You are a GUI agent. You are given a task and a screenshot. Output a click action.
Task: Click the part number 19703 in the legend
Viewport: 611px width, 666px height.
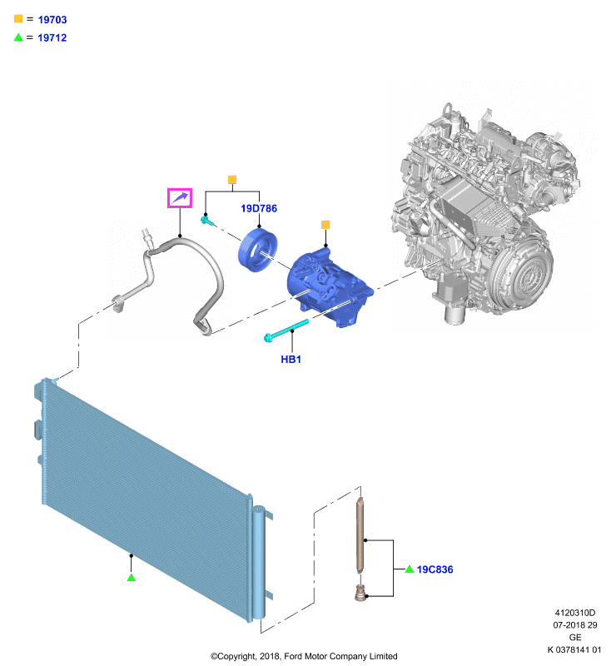pos(52,19)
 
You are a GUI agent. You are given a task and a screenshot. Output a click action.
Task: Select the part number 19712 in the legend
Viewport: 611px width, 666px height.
pos(52,37)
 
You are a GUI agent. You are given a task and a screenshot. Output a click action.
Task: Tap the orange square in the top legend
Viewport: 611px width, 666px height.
pos(18,18)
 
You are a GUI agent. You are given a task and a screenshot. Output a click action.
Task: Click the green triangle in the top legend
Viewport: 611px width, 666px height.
pos(18,37)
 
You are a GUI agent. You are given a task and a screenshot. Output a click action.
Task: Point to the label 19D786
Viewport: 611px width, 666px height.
pos(259,208)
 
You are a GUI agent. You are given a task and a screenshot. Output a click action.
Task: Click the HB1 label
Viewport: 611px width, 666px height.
pos(291,360)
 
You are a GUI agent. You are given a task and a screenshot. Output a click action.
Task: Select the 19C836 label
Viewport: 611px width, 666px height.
pos(435,569)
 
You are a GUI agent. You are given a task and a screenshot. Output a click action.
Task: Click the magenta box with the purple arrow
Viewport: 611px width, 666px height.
pos(180,198)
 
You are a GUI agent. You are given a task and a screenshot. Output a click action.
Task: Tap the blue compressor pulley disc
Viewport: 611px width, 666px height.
pos(258,250)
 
